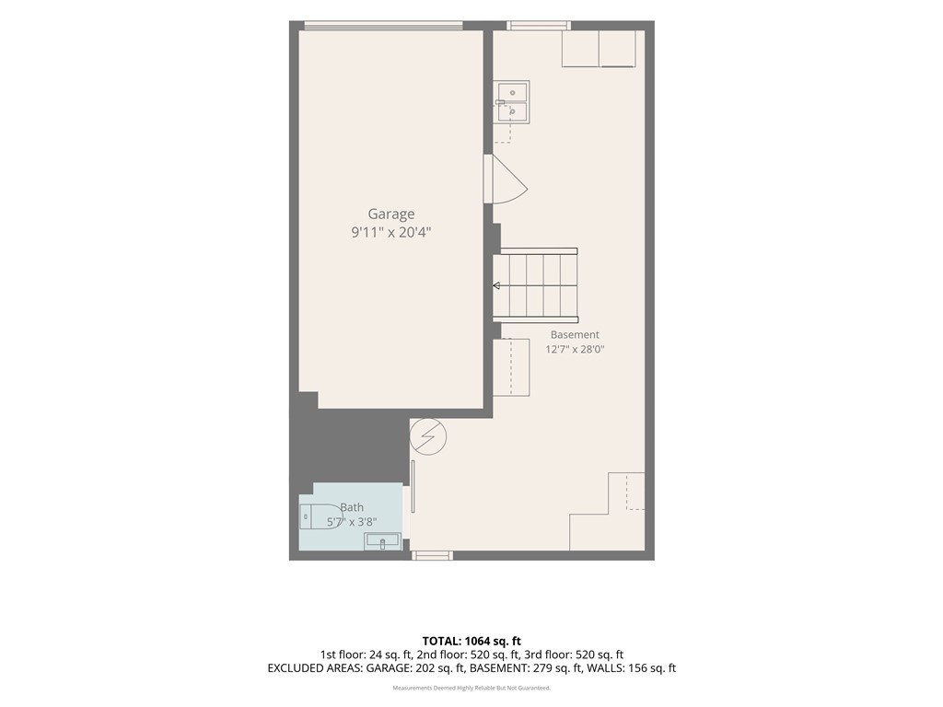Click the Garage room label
390,214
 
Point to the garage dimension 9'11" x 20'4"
390,232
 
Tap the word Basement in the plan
575,335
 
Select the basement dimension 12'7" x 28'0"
575,349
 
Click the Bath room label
352,507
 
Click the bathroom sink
382,541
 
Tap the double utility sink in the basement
512,102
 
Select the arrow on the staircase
496,285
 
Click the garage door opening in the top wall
383,25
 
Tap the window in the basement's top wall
538,25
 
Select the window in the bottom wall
433,555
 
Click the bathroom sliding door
413,486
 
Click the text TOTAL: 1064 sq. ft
471,641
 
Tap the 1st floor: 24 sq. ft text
365,655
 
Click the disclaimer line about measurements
471,688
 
